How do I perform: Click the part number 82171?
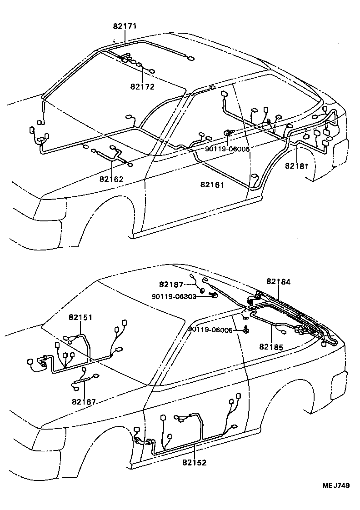125,27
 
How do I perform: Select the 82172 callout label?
142,87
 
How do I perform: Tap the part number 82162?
112,179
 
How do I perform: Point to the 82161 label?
212,185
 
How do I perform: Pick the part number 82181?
297,166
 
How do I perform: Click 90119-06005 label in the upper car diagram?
227,149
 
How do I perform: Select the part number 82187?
171,285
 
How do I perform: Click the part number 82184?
278,282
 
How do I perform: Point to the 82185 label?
272,347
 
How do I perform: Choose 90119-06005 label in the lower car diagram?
210,330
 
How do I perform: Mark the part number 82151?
81,317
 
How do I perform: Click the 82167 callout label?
84,401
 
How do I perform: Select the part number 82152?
195,463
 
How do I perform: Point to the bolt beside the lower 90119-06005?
245,330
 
